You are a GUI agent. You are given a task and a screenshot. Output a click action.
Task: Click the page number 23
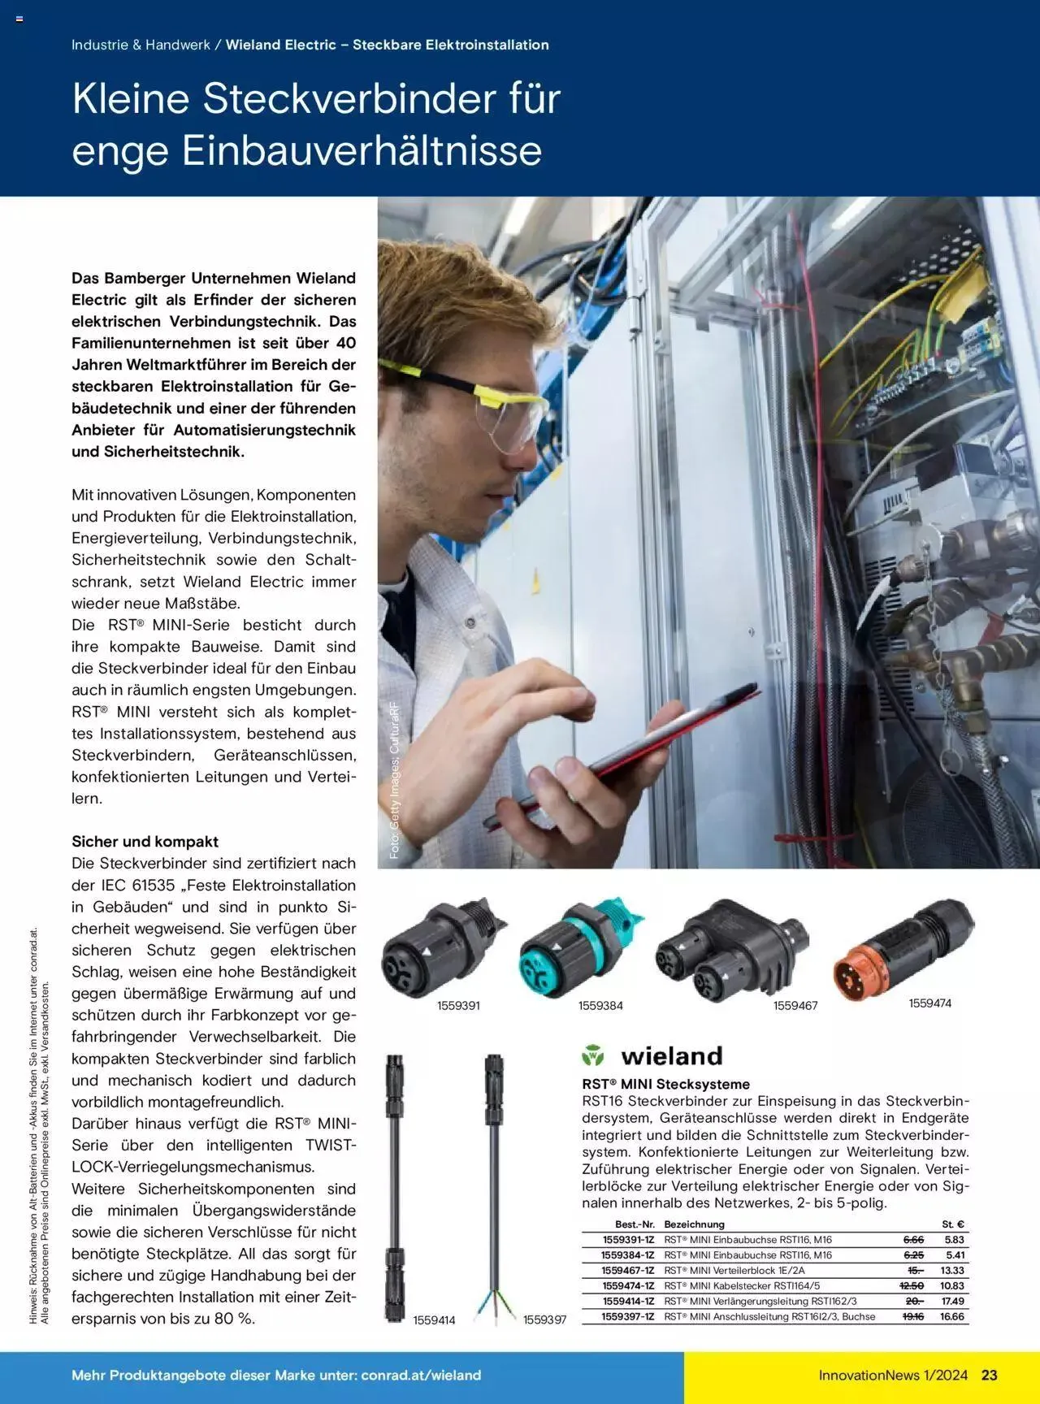(x=989, y=1375)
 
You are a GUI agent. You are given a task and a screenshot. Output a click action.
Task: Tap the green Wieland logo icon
(x=593, y=1056)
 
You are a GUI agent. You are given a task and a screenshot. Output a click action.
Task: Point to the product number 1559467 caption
(x=795, y=1006)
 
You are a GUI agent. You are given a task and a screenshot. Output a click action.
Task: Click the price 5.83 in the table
(x=954, y=1240)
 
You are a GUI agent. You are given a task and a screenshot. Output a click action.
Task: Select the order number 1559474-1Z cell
(x=627, y=1286)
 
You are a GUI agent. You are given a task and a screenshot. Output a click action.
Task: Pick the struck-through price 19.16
(x=912, y=1316)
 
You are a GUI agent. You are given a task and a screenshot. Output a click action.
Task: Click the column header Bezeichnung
(x=694, y=1224)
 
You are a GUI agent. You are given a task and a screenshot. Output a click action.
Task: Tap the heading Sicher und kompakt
(x=145, y=842)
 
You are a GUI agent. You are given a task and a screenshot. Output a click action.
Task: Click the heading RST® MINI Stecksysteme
(x=665, y=1084)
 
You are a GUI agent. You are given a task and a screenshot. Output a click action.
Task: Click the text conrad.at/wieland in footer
(x=422, y=1375)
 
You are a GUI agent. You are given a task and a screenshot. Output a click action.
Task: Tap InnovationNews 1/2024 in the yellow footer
(x=893, y=1375)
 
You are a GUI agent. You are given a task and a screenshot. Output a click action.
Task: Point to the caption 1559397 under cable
(x=544, y=1320)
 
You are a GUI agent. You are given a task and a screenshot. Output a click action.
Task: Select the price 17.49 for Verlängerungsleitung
(x=952, y=1302)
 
